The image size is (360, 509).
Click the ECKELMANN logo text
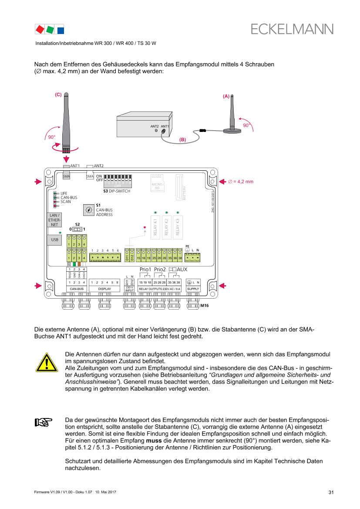(x=292, y=29)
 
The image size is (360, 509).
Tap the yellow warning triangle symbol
(x=47, y=362)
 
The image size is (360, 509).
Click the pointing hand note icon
(x=44, y=422)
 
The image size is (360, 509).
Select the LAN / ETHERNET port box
(x=54, y=220)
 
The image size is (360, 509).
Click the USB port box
(x=54, y=240)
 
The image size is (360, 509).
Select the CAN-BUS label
(x=77, y=289)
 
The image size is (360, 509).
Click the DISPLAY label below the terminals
(x=104, y=289)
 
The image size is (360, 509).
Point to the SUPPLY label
(x=193, y=289)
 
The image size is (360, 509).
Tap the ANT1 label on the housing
(x=165, y=126)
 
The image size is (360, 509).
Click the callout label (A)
(x=226, y=96)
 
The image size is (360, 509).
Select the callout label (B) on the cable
(x=182, y=140)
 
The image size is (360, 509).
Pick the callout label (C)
(x=58, y=94)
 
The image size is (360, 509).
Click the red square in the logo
(x=40, y=29)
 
